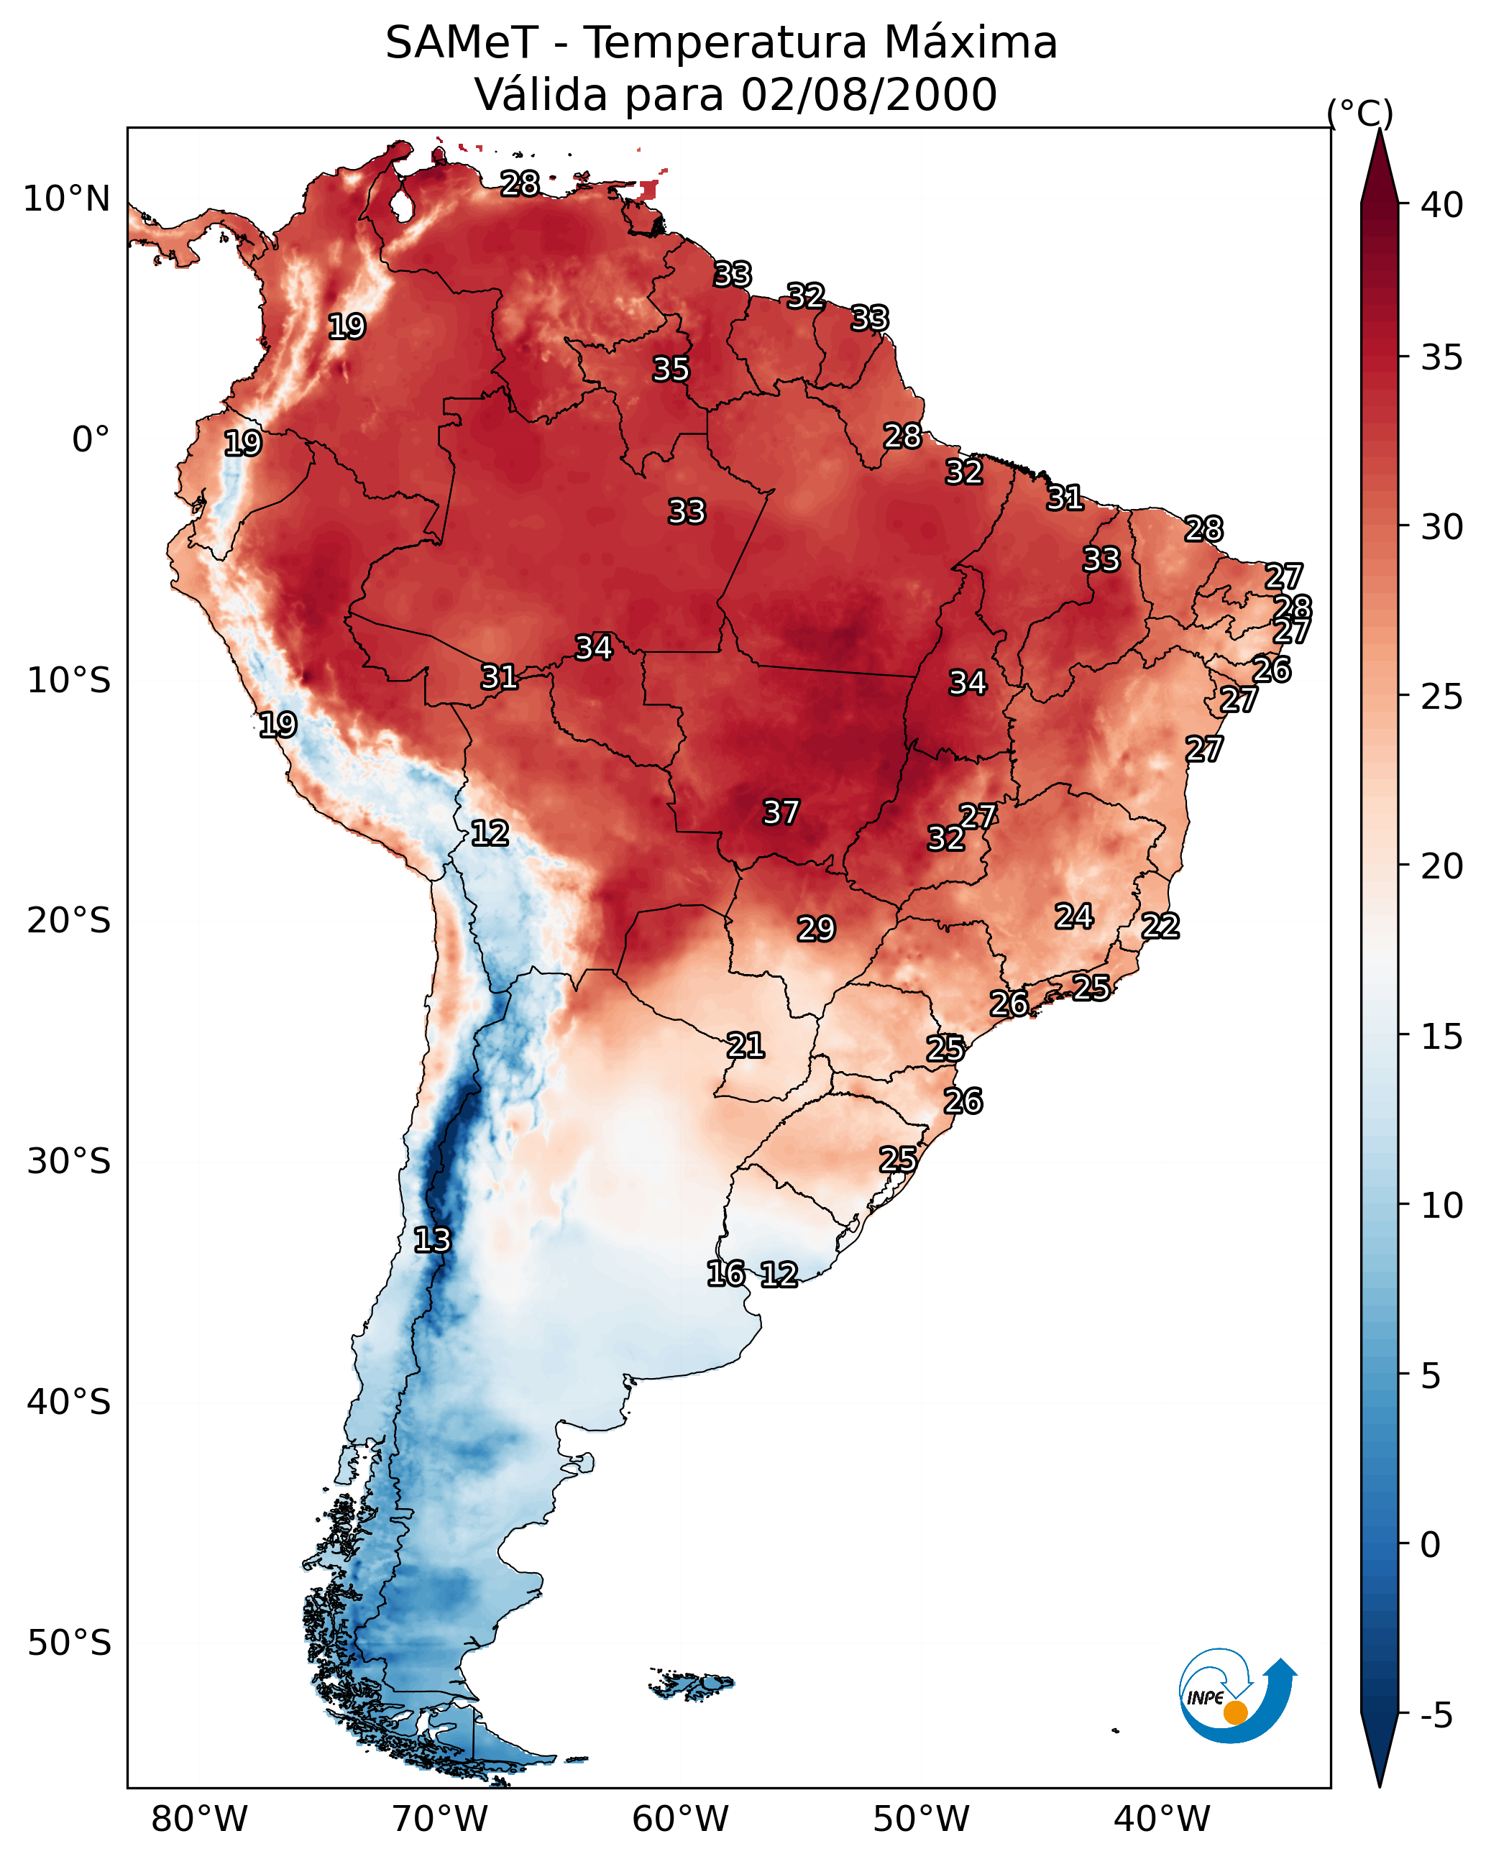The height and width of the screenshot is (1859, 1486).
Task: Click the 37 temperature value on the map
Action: tap(781, 812)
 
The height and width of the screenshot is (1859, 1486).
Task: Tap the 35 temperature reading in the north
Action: tap(671, 369)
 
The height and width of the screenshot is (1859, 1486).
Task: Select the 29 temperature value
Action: tap(816, 929)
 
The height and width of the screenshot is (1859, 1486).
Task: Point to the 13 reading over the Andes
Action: tap(432, 1240)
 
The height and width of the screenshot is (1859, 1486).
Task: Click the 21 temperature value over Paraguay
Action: tap(745, 1045)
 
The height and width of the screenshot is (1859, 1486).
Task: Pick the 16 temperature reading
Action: tap(725, 1274)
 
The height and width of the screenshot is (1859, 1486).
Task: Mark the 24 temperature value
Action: tap(1074, 916)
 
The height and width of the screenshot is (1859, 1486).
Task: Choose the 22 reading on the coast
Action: tap(1160, 926)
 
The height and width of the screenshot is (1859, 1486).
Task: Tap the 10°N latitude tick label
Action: tap(66, 199)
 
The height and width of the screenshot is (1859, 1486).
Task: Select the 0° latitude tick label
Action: tap(91, 440)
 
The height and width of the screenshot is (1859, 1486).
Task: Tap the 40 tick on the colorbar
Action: tap(1442, 205)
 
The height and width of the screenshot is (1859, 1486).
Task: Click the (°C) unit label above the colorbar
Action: tap(1359, 113)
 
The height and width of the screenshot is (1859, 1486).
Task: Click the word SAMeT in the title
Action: tap(462, 43)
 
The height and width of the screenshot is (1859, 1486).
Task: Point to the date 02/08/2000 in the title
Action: tap(868, 95)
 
